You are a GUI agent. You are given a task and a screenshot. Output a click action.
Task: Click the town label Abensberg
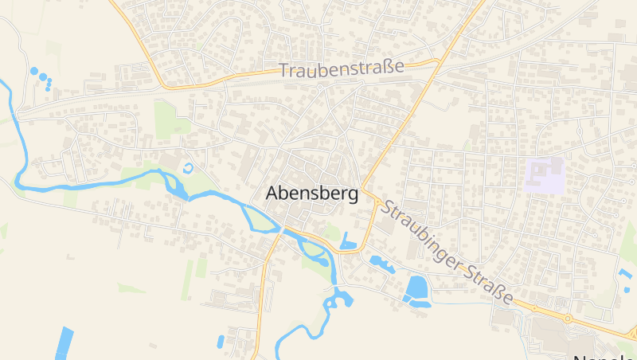pos(311,194)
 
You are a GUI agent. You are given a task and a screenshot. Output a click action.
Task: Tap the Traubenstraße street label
pos(342,69)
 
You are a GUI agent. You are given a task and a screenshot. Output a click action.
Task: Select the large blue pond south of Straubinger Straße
pos(416,288)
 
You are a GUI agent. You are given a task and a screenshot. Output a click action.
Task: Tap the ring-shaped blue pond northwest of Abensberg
pos(188,168)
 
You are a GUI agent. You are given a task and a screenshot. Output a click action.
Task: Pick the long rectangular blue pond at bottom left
pos(63,343)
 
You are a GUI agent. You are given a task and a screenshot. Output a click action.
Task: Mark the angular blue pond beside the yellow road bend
pos(348,241)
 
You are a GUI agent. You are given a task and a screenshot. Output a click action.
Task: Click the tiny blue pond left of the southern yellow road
pos(221,341)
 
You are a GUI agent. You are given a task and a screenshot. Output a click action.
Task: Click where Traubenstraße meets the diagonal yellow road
pos(437,61)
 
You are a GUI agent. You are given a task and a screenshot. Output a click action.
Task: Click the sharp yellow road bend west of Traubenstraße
pos(160,80)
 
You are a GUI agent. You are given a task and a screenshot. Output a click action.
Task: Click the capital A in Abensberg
pos(272,194)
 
